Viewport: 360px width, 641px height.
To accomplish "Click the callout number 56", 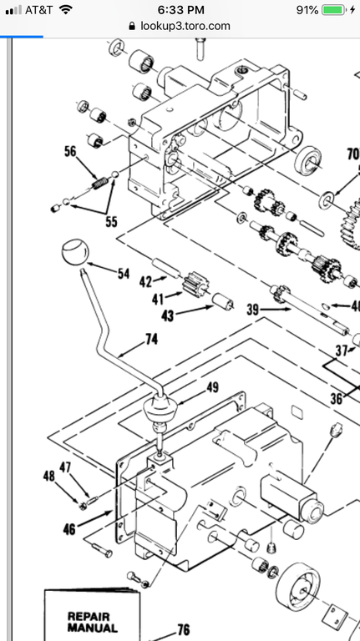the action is point(70,151).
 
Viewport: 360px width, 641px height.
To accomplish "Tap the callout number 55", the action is point(111,221).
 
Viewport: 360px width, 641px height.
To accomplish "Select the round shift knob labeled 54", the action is point(75,253).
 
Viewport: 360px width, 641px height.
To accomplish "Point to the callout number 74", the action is point(151,339).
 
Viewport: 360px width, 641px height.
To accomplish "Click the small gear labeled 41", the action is point(195,284).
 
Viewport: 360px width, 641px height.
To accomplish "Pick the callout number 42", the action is point(145,281).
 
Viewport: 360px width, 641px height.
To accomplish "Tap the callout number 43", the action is point(167,315).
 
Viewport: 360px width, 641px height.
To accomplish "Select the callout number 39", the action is point(253,310).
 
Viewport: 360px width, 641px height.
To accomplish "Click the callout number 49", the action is point(212,387).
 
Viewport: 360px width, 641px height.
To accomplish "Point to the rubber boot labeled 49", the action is point(160,409).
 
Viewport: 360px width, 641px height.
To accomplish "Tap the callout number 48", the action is point(49,476).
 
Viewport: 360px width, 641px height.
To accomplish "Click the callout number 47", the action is point(65,467).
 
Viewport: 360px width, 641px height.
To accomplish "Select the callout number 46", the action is point(69,529).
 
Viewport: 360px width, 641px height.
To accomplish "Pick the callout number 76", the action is point(184,629).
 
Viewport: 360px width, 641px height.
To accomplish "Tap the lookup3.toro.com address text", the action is point(185,26).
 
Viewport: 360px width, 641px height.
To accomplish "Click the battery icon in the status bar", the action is point(334,10).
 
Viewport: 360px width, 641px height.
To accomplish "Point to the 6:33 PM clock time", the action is point(180,10).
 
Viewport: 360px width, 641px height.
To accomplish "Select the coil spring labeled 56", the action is point(99,182).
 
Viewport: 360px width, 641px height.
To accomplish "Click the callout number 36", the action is point(337,399).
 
